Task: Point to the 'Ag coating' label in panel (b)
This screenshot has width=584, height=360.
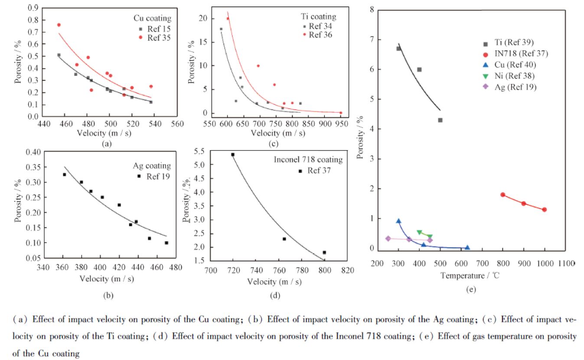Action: point(151,166)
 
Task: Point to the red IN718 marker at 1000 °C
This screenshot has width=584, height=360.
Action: point(545,209)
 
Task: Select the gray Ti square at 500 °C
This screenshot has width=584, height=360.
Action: point(440,120)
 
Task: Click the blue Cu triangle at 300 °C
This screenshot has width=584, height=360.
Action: point(398,221)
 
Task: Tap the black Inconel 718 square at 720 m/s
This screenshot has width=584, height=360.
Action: point(233,154)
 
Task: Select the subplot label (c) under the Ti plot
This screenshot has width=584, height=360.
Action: point(274,144)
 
